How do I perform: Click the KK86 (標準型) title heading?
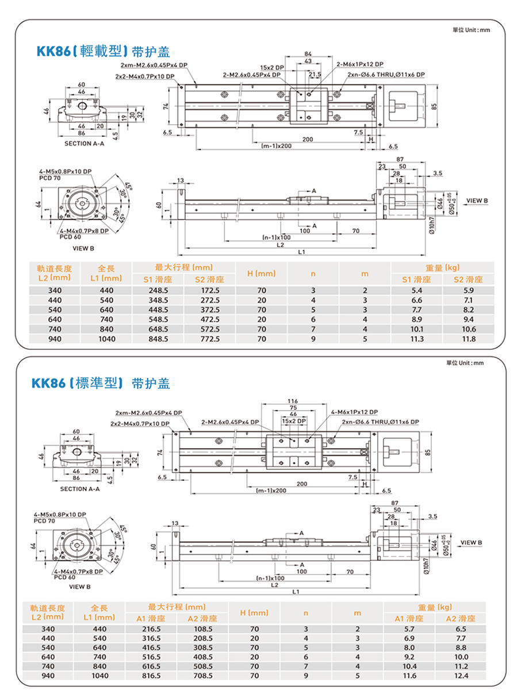point(101,383)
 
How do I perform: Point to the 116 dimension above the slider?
point(293,400)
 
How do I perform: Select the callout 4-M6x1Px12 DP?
point(355,412)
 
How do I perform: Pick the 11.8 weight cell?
point(469,339)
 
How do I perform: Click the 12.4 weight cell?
point(461,676)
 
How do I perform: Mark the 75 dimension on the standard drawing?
point(293,407)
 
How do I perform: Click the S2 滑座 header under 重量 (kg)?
point(469,280)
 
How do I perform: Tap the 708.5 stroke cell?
point(203,676)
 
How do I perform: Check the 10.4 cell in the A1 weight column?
point(410,666)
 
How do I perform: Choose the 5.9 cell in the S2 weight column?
point(469,291)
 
